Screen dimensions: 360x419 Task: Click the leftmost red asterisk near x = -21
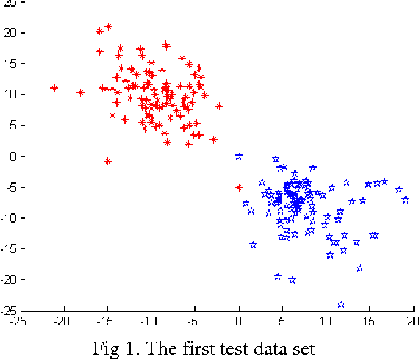coord(54,87)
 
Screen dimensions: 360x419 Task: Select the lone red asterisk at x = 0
coord(239,187)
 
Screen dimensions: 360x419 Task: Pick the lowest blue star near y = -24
coord(341,304)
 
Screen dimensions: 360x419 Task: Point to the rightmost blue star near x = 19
coord(405,200)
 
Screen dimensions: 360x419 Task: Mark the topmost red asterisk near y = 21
coord(109,26)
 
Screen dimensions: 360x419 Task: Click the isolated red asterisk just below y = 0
coord(108,161)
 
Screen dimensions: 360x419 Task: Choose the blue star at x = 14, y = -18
coord(360,268)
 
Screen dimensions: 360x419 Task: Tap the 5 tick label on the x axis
coord(282,321)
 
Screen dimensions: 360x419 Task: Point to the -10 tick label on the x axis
coord(149,321)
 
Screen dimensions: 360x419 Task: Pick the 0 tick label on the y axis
coord(10,156)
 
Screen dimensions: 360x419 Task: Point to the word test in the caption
coord(246,348)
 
